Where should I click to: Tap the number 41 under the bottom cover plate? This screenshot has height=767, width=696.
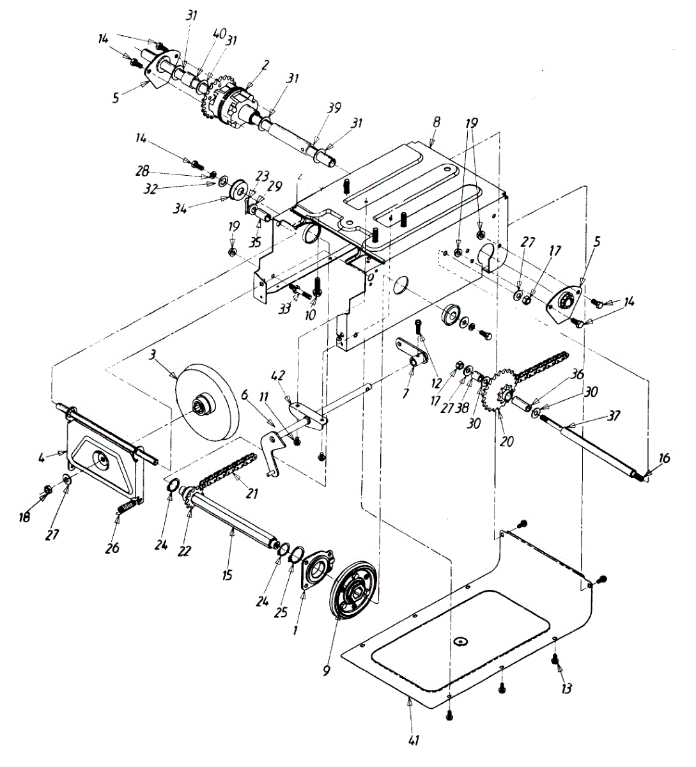[414, 741]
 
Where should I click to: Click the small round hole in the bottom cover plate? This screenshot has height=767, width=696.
[460, 640]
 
